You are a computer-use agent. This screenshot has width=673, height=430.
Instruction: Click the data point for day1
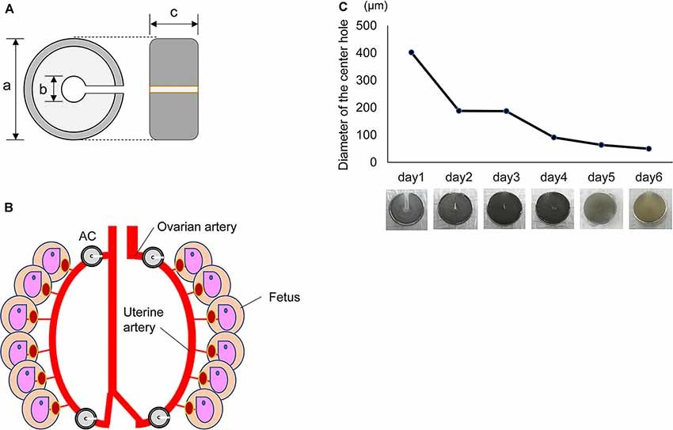pyautogui.click(x=411, y=53)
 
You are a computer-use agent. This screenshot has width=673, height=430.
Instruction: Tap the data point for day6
pyautogui.click(x=648, y=149)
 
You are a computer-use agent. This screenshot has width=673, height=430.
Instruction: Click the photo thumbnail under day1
pyautogui.click(x=408, y=209)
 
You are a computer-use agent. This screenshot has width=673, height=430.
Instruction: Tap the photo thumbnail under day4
pyautogui.click(x=554, y=209)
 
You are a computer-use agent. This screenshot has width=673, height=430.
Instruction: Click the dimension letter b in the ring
pyautogui.click(x=42, y=89)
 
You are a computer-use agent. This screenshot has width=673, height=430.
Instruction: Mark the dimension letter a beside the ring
pyautogui.click(x=7, y=88)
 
